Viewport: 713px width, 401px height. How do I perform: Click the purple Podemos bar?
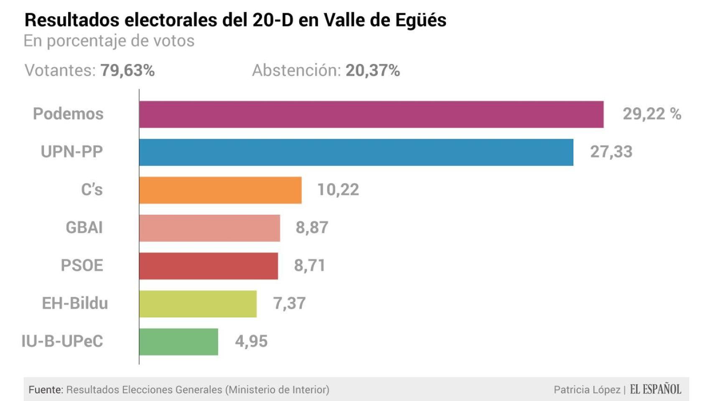371,114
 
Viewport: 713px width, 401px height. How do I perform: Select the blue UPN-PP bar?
356,152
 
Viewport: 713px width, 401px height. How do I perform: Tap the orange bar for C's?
220,190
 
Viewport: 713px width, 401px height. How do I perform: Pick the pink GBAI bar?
209,228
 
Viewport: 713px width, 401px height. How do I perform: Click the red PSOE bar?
208,266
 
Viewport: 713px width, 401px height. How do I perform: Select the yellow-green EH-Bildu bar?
198,304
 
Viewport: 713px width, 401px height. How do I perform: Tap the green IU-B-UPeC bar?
178,342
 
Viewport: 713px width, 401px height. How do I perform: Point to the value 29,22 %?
652,114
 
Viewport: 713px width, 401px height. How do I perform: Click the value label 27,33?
611,152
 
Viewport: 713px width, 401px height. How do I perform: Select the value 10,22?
338,190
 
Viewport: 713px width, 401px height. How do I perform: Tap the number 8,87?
312,228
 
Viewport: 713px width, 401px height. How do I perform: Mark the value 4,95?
251,342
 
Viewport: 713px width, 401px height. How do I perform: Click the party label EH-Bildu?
75,304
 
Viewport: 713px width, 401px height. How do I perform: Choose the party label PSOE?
82,266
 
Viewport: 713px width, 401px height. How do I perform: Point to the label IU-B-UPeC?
62,342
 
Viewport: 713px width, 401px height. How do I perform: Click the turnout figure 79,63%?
127,71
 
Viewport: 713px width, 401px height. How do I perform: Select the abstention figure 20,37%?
372,71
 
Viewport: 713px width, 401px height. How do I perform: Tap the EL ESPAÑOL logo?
655,389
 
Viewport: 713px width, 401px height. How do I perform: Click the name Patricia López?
587,390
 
